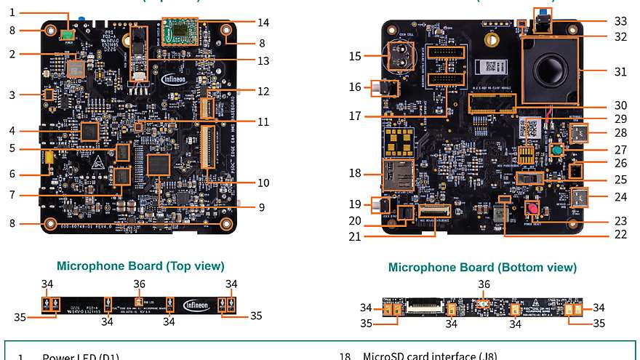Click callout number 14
(263, 23)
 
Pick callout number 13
(263, 61)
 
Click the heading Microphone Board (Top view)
(140, 266)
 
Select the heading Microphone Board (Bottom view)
(482, 268)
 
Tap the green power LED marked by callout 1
(67, 33)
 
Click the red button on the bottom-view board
(533, 208)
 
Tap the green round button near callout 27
(556, 151)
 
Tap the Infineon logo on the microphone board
(197, 305)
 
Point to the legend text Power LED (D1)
(80, 356)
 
